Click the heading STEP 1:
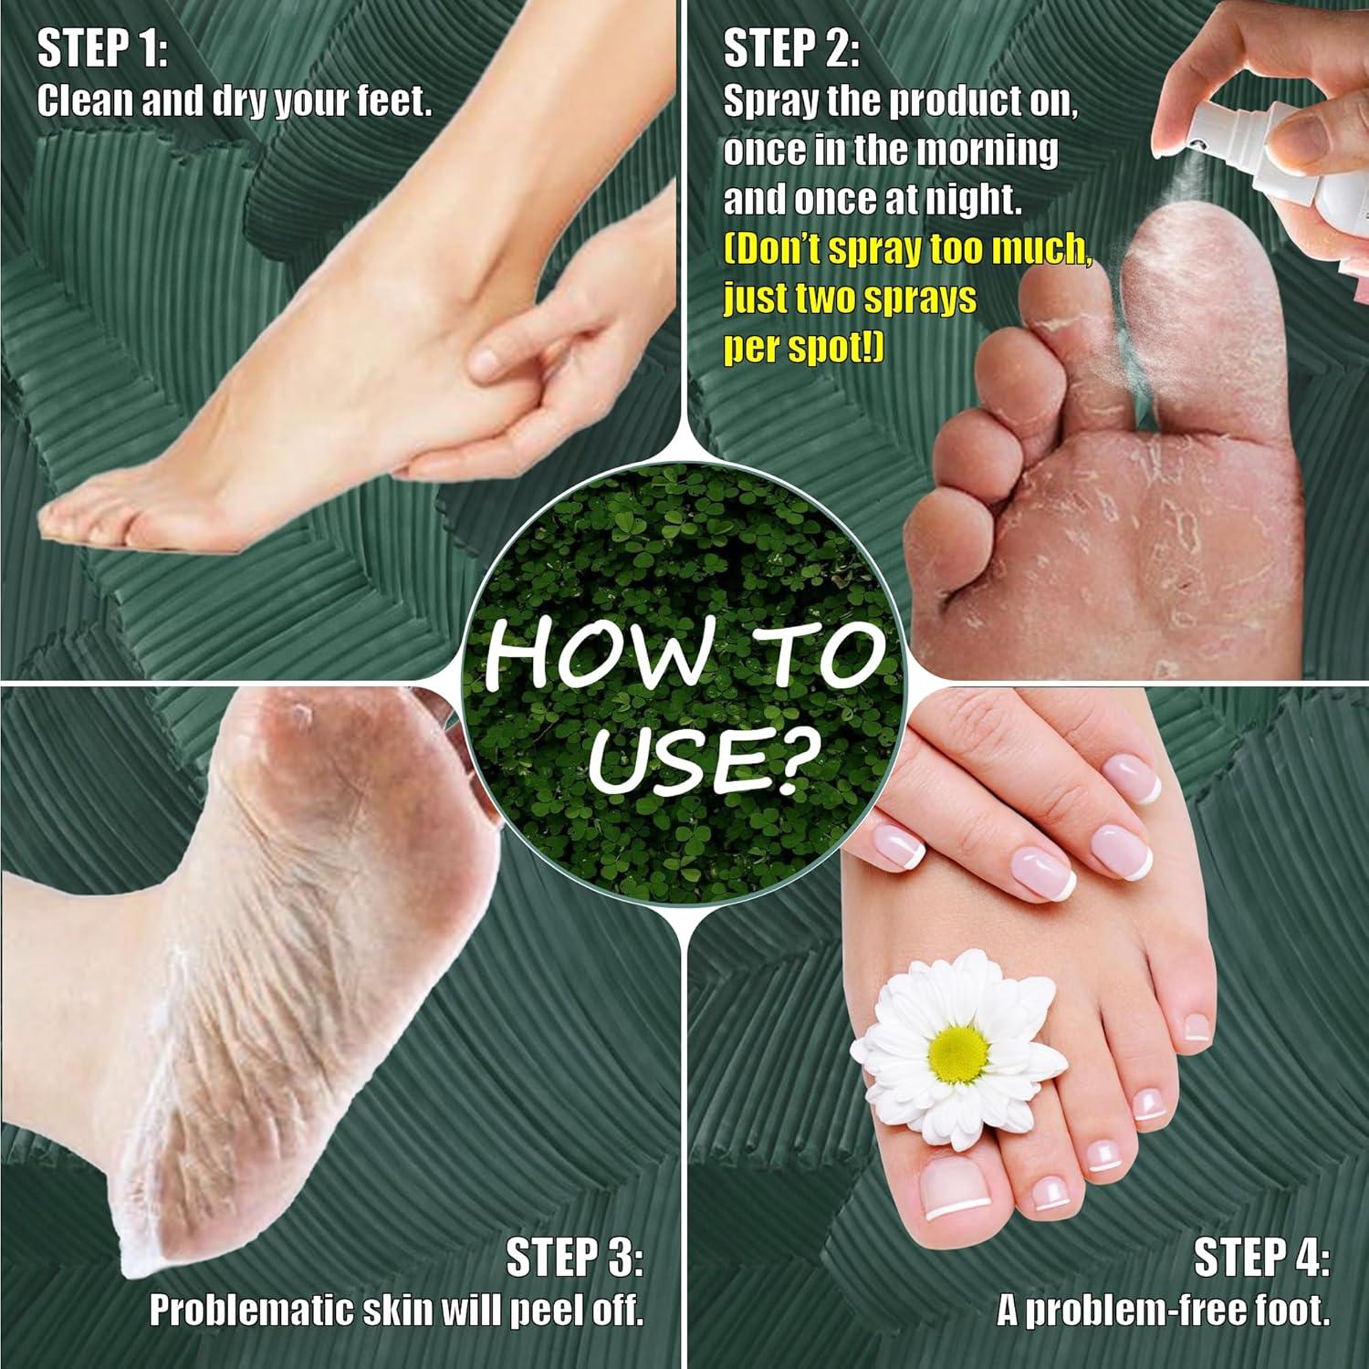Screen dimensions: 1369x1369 point(102,49)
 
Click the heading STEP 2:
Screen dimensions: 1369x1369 point(791,49)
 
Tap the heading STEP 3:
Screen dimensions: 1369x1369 point(574,1257)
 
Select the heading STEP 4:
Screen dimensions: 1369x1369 point(1261,1257)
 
